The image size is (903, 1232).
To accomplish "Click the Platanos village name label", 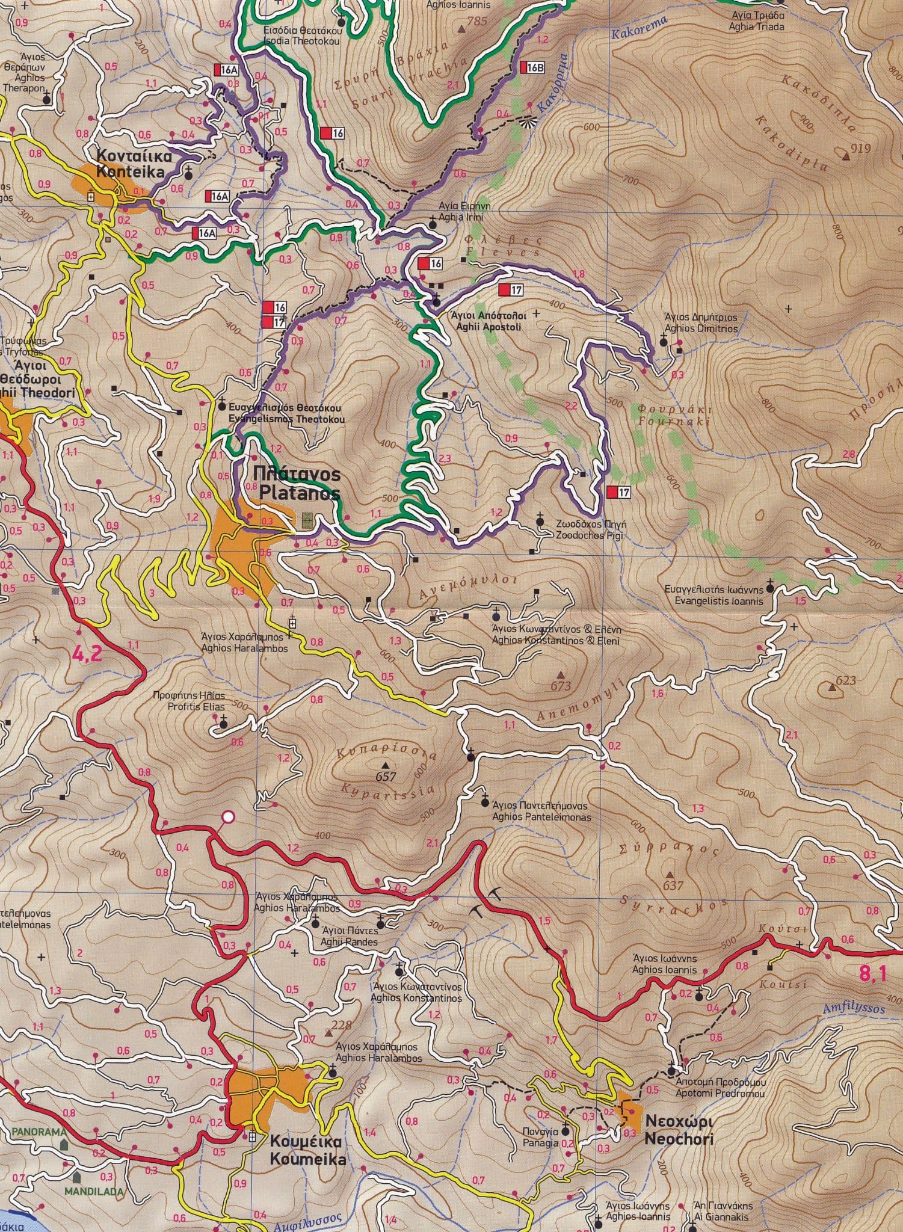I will (x=296, y=484).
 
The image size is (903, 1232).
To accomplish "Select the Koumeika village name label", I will (x=306, y=729).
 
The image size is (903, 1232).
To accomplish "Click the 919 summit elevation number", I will (x=861, y=148).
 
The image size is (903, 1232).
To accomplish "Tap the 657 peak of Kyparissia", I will (x=386, y=777).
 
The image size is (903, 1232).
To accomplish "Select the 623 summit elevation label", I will (x=845, y=681).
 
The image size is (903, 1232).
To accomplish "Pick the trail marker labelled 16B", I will (x=532, y=67).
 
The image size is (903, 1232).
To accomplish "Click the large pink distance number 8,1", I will (x=873, y=973).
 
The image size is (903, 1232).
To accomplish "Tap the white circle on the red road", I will (x=227, y=817).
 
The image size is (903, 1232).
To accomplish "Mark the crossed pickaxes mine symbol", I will (x=485, y=904).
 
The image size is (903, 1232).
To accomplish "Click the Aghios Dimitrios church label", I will (x=700, y=323).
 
